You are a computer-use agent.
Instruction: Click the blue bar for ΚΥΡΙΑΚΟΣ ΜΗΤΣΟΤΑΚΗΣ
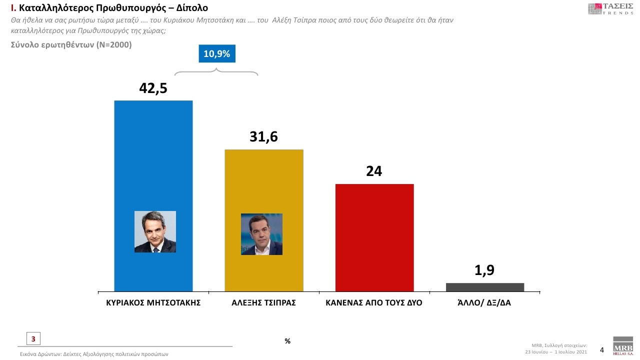tap(153, 160)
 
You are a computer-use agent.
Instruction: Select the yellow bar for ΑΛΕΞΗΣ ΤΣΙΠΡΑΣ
tap(264, 185)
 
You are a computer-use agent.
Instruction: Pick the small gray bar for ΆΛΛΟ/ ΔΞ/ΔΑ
tap(485, 287)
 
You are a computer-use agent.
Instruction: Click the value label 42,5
tap(153, 88)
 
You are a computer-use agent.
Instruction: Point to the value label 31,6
tap(263, 136)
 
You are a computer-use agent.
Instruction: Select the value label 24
tap(374, 171)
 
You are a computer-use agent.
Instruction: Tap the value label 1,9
tap(484, 270)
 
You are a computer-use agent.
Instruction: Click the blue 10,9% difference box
tap(216, 54)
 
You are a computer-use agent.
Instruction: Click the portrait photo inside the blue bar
tap(155, 231)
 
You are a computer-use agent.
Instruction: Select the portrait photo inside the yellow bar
tap(261, 234)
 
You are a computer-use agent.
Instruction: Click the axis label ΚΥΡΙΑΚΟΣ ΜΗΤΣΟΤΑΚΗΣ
tap(153, 303)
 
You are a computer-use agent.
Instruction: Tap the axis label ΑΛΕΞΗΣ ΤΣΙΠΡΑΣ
tap(264, 303)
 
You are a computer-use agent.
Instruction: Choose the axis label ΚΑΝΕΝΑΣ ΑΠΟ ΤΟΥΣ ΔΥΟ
tap(374, 303)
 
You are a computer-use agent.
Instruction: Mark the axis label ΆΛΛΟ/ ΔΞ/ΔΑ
tap(484, 303)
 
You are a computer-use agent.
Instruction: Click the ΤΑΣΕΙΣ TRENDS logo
tap(610, 8)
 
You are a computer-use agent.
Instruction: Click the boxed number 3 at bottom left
tap(33, 339)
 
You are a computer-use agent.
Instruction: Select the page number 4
tap(602, 350)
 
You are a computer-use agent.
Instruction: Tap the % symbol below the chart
tap(287, 341)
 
